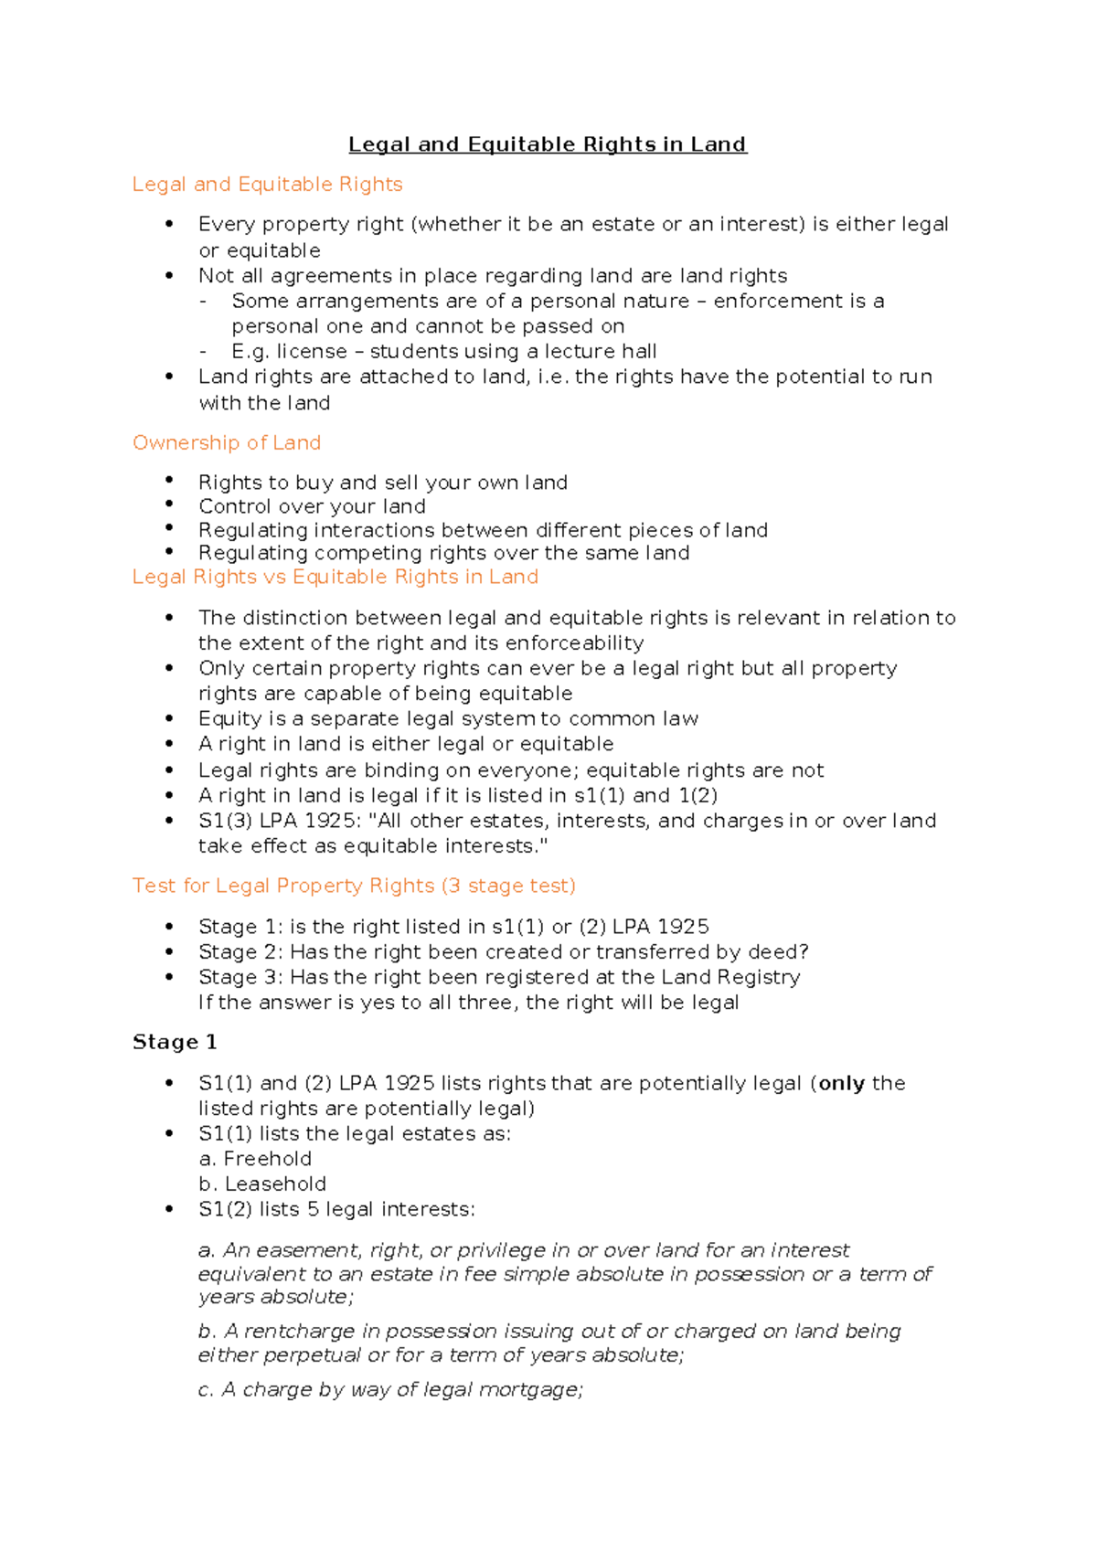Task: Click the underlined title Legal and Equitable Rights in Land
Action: [548, 144]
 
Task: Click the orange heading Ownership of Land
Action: [227, 443]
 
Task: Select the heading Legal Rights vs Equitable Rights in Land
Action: [335, 577]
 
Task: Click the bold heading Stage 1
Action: [175, 1042]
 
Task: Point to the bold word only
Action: [841, 1083]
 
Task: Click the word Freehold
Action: [268, 1159]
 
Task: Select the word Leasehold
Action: [275, 1184]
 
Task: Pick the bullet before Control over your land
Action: [169, 504]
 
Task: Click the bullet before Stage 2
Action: [169, 951]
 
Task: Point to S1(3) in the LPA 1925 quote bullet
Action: [226, 821]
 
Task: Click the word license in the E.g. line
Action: [312, 352]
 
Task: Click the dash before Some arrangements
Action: [204, 302]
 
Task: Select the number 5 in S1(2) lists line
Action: [313, 1209]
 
